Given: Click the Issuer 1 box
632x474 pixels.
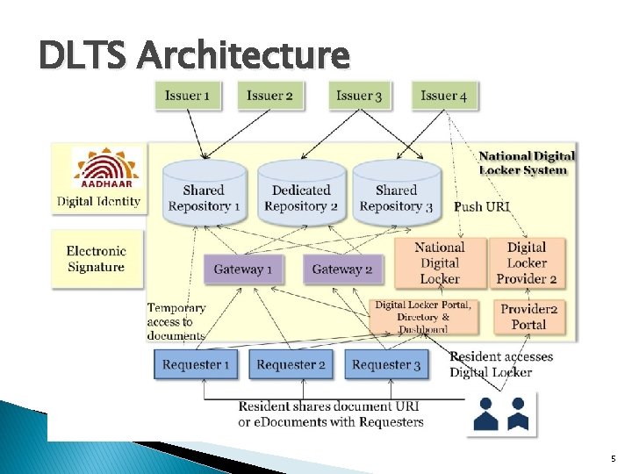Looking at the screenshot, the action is (188, 96).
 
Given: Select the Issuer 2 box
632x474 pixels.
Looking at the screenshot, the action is (270, 96).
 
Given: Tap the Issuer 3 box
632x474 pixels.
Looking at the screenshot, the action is (359, 96).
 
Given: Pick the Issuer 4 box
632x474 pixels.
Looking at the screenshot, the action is (444, 96).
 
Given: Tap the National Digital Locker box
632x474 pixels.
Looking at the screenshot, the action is (439, 262).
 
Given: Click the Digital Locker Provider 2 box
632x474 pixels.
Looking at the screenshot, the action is (527, 262).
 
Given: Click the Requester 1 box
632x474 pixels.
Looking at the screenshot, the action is (197, 364).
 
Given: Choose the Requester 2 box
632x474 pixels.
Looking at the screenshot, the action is (291, 364).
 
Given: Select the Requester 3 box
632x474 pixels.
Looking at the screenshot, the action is (386, 364).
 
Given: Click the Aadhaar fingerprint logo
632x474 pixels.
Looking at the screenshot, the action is (105, 169).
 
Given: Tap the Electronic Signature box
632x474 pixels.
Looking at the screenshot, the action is (97, 259).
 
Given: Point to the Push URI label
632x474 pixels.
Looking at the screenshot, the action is (482, 207).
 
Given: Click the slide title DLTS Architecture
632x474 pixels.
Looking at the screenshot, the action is (194, 56).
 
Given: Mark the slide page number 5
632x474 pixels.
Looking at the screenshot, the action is (613, 459).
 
